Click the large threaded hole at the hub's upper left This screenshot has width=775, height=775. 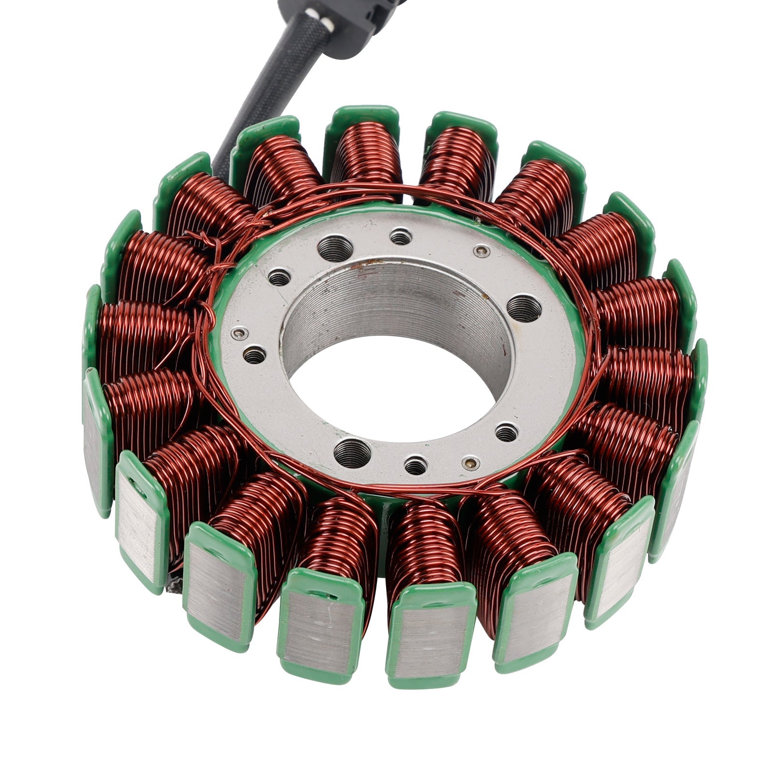(x=336, y=248)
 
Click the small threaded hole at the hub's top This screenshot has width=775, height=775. (x=401, y=237)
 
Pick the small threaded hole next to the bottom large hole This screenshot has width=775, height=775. (x=416, y=466)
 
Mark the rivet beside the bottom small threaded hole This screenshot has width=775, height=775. (x=468, y=463)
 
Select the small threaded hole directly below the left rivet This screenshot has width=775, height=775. (x=254, y=356)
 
